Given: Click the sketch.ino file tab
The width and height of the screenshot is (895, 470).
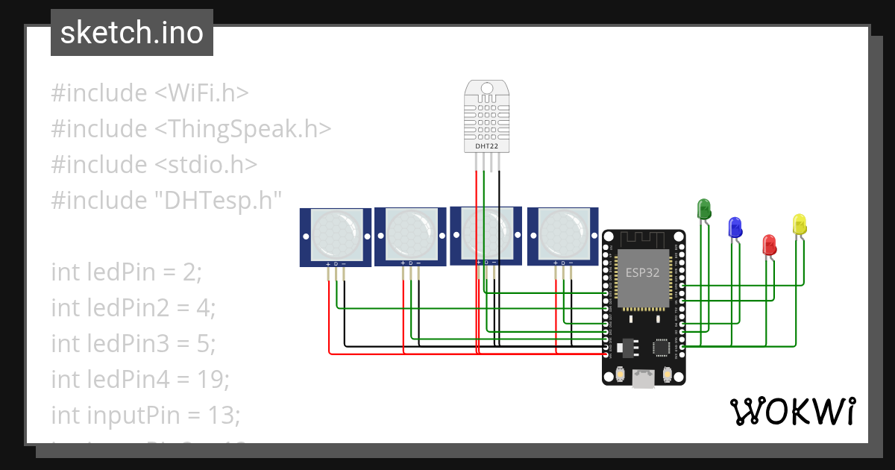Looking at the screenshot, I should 132,33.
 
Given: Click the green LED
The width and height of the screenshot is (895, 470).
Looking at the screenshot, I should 703,208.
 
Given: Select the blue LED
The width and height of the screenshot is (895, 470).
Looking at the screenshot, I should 735,226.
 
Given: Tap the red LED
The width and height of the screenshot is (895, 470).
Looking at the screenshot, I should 768,244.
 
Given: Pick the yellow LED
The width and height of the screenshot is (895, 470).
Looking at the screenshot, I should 799,224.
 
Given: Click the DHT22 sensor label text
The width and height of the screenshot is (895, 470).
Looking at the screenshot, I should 488,147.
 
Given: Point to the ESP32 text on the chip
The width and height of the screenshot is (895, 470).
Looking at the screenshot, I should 641,272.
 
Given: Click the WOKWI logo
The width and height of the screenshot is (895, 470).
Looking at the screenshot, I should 792,411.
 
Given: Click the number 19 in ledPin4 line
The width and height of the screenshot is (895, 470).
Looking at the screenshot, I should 216,380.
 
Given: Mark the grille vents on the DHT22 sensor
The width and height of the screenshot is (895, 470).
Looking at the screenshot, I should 488,116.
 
